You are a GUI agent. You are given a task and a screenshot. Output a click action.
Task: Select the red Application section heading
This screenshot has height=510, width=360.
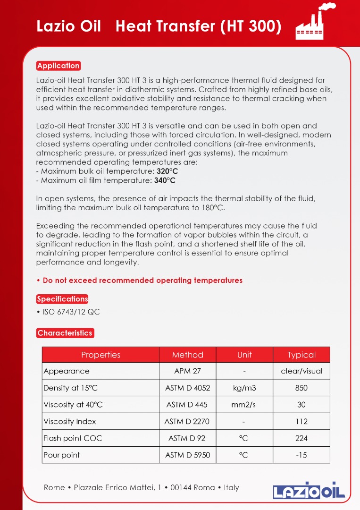point(59,66)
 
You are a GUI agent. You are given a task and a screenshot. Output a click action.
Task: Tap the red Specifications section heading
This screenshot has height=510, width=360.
point(62,299)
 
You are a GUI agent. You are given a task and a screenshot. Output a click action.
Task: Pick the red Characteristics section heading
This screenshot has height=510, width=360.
point(65,333)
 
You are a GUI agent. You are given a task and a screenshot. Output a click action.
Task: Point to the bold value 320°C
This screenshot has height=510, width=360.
point(167,171)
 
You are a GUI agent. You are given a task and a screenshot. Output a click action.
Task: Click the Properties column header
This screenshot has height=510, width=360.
point(100,355)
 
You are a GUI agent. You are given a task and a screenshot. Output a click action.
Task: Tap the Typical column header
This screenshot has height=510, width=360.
point(301,355)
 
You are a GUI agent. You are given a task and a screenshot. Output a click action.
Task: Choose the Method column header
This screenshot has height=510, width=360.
point(187,355)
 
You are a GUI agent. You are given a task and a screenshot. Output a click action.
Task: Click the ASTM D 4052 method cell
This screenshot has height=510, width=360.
point(187,388)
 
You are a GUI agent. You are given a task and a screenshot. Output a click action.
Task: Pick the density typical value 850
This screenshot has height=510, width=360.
point(301,388)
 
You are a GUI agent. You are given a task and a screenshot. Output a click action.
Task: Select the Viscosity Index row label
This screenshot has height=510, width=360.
point(70,422)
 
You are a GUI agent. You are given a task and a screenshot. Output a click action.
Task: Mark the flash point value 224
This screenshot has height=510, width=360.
point(301,438)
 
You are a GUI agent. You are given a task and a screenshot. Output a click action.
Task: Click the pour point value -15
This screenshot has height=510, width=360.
point(301,455)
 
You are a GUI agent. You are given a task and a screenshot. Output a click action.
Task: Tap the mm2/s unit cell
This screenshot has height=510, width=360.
point(244,405)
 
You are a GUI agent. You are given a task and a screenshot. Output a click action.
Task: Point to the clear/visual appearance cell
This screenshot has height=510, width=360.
point(301,371)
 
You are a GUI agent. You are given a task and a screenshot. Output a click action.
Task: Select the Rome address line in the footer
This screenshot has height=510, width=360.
point(142,487)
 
